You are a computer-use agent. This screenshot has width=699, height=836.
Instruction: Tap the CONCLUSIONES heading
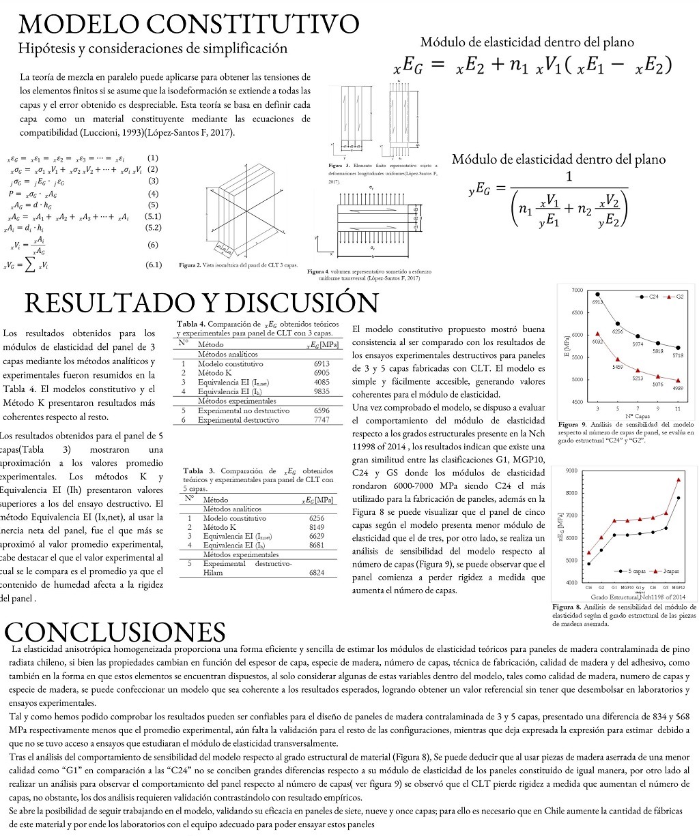tap(115, 630)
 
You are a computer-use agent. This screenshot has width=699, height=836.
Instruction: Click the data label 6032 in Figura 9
tap(597, 342)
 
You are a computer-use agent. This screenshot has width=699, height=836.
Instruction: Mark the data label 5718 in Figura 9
tap(677, 356)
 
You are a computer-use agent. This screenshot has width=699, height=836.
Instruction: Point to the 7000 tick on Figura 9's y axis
tap(577, 290)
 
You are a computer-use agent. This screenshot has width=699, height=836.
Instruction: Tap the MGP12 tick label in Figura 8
tap(678, 586)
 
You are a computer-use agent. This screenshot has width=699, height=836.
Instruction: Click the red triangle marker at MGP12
tap(678, 479)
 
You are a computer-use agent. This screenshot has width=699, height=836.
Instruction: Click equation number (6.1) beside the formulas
tap(153, 265)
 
